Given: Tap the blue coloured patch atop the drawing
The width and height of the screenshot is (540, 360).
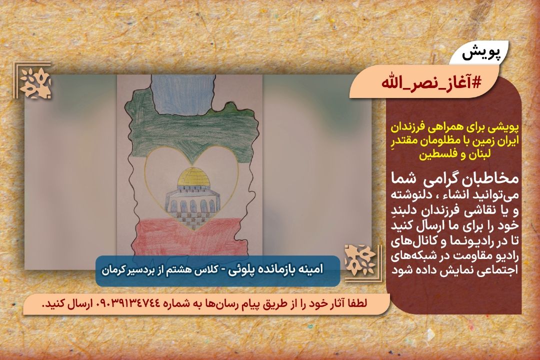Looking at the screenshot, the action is pos(181,94).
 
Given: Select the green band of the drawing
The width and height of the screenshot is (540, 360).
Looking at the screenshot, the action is pos(193,131).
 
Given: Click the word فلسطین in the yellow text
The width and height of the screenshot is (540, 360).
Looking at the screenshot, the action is pos(434,154).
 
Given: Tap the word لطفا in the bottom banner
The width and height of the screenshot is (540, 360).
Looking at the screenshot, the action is pos(356,303).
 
